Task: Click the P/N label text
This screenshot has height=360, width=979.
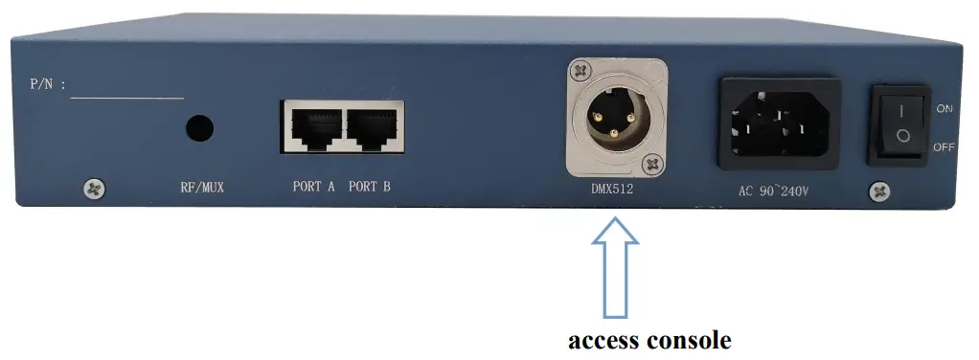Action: pos(47,84)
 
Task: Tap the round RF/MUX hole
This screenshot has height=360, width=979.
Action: pos(199,128)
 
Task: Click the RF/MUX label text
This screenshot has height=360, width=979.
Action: pos(201,188)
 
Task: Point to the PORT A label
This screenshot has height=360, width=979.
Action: pos(313,188)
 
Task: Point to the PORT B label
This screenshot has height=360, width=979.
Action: pos(370,188)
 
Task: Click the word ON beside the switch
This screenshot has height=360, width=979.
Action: pos(945,109)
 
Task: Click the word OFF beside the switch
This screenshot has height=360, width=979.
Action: pos(945,146)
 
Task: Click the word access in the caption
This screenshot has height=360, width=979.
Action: pos(607,340)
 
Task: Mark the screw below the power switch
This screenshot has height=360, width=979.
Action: pos(879,191)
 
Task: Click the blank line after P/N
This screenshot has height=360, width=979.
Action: pos(126,96)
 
